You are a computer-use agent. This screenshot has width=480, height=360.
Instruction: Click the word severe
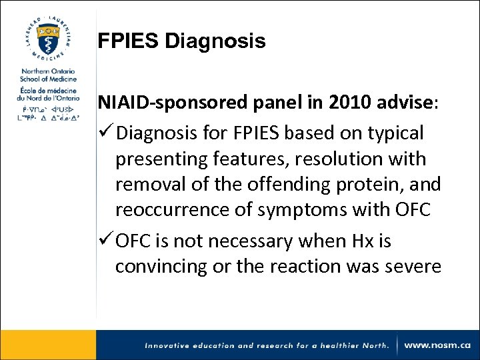(413, 265)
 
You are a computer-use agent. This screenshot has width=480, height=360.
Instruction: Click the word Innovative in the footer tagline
(168, 345)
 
